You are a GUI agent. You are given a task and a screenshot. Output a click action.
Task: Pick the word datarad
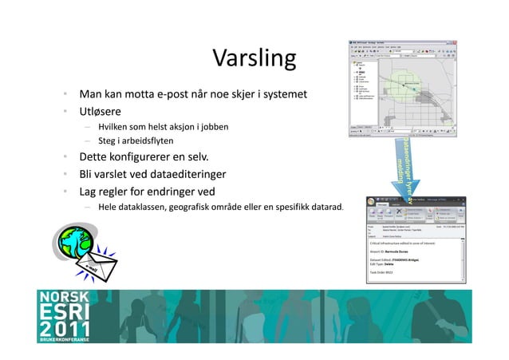point(325,209)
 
